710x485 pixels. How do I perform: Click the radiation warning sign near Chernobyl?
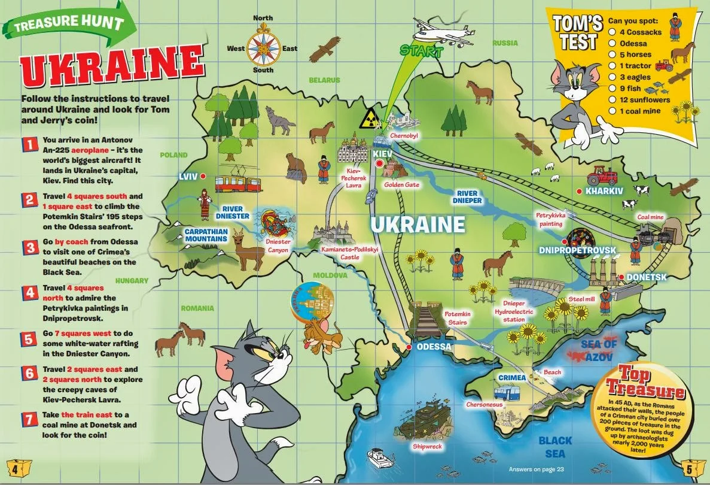tap(367, 119)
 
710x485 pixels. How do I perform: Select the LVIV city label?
tap(189, 176)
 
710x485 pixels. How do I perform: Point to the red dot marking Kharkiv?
tap(579, 190)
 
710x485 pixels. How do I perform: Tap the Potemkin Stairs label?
tap(458, 318)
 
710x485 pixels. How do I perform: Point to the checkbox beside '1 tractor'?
tap(612, 66)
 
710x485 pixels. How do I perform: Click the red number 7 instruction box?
tap(30, 417)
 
